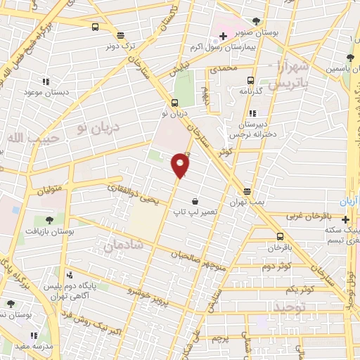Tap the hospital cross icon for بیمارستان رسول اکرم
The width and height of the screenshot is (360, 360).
click(222, 36)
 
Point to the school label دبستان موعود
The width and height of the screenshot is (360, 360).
click(46, 92)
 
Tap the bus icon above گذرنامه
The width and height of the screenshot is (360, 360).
click(251, 78)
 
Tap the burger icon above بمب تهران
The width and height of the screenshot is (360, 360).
click(247, 191)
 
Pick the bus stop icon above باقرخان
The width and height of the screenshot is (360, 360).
click(280, 236)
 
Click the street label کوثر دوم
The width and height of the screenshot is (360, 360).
click(276, 267)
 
